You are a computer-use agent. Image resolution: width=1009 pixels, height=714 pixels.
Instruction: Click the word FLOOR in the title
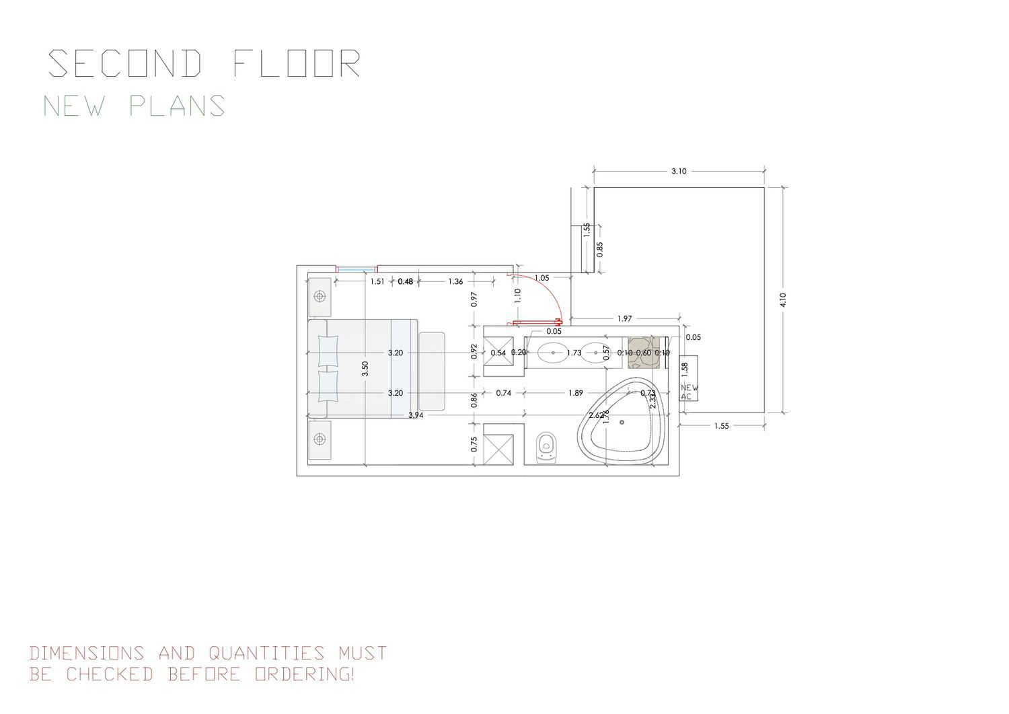point(297,64)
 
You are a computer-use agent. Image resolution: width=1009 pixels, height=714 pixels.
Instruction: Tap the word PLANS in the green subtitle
point(178,106)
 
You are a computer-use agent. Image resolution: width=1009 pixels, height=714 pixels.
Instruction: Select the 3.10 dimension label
point(679,172)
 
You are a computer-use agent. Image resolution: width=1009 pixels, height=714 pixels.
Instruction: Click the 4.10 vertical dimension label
point(783,299)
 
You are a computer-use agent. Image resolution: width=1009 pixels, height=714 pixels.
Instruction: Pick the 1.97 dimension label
point(624,318)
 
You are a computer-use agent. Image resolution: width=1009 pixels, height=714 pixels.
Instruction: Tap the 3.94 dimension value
point(416,415)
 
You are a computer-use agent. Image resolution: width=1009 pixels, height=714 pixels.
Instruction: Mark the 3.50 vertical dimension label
point(365,368)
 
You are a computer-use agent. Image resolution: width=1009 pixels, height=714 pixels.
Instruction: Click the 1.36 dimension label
point(455,281)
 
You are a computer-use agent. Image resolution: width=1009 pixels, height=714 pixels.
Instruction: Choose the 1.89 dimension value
point(576,393)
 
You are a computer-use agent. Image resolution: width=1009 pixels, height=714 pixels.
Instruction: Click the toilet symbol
point(547,447)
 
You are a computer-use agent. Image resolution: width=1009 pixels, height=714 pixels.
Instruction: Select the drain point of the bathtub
point(624,422)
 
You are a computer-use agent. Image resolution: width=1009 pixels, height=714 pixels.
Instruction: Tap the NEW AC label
point(689,392)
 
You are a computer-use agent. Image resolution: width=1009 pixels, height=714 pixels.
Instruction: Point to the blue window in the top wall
point(356,271)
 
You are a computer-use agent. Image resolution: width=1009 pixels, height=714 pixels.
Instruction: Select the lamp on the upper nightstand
point(320,296)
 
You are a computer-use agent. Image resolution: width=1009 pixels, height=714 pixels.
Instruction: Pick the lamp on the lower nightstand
point(320,439)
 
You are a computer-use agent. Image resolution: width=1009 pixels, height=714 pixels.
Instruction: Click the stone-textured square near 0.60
point(643,353)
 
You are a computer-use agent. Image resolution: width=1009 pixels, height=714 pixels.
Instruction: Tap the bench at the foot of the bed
point(432,371)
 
